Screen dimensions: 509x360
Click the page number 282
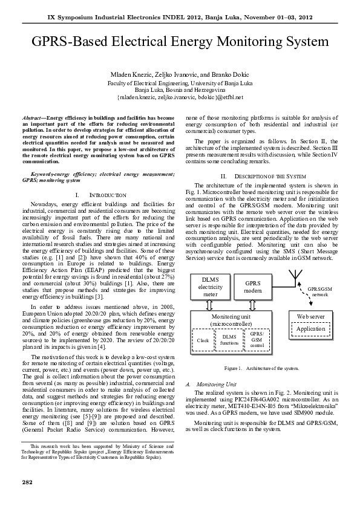(x=27, y=482)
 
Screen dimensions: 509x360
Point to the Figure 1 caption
(x=261, y=368)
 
